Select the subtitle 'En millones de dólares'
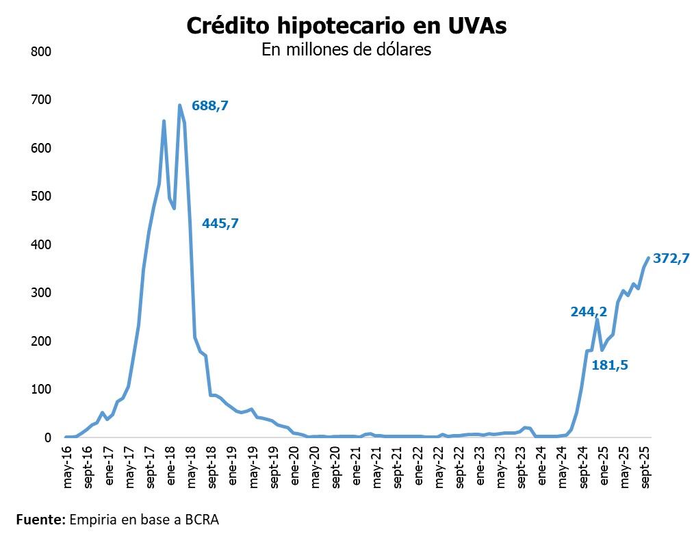[x=346, y=50]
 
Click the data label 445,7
[x=220, y=222]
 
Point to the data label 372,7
[x=671, y=258]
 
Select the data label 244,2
[x=589, y=311]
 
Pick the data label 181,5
[x=610, y=366]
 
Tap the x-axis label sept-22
[x=460, y=470]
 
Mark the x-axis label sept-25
[x=645, y=470]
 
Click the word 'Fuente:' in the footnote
[x=40, y=519]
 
